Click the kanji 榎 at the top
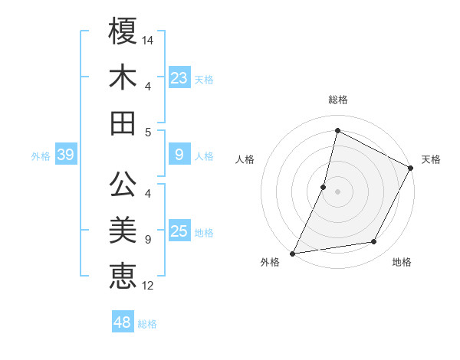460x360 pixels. (x=123, y=31)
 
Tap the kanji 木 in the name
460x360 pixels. (x=123, y=78)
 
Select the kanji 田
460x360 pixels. (x=123, y=123)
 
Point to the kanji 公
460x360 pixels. (x=123, y=185)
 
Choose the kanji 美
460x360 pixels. (x=123, y=231)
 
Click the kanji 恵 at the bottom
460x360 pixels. (x=123, y=276)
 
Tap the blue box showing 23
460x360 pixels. (x=179, y=77)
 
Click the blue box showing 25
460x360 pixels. (x=179, y=231)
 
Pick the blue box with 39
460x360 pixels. (x=65, y=155)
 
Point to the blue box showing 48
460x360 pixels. (x=122, y=322)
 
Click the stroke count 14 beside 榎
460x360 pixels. (x=148, y=39)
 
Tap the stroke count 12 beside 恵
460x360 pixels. (x=148, y=286)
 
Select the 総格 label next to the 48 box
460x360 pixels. (x=147, y=324)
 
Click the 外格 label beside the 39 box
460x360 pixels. (x=41, y=156)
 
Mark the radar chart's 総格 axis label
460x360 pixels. (x=337, y=100)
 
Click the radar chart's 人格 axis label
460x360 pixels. (x=245, y=159)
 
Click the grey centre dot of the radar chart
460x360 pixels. (x=337, y=191)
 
